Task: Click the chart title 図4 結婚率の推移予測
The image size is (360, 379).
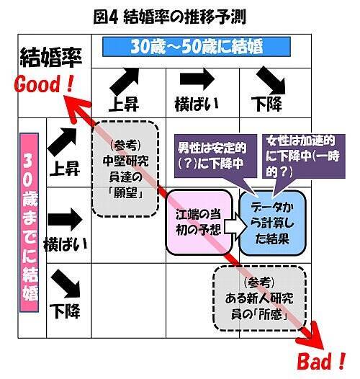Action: pyautogui.click(x=170, y=17)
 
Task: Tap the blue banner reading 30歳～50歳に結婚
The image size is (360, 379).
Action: pyautogui.click(x=197, y=47)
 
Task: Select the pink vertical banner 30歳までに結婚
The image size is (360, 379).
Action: pyautogui.click(x=30, y=223)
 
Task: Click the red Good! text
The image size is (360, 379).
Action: pyautogui.click(x=43, y=84)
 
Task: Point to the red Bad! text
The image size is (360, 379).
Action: pyautogui.click(x=321, y=362)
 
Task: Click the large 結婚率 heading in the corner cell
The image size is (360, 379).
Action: pyautogui.click(x=51, y=58)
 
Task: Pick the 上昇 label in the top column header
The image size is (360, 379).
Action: pyautogui.click(x=124, y=104)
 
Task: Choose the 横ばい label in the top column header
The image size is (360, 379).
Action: pyautogui.click(x=197, y=104)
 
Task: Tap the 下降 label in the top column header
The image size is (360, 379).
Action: pyautogui.click(x=266, y=104)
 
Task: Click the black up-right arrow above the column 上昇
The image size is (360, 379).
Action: pyautogui.click(x=125, y=81)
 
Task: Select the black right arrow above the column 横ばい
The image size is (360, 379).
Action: pyautogui.click(x=197, y=79)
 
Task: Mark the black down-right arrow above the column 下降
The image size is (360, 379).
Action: pyautogui.click(x=271, y=81)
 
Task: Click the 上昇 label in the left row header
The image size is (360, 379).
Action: pyautogui.click(x=65, y=169)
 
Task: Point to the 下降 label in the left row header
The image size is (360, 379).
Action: pyautogui.click(x=65, y=311)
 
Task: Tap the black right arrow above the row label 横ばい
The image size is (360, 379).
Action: pyautogui.click(x=66, y=220)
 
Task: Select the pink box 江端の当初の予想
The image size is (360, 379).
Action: pyautogui.click(x=199, y=222)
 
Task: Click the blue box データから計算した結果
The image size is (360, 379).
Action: pyautogui.click(x=273, y=223)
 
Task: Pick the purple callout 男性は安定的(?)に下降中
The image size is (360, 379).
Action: pyautogui.click(x=215, y=156)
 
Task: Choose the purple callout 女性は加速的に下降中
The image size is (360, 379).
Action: pyautogui.click(x=303, y=156)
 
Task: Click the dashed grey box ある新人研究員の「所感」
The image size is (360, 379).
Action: pyautogui.click(x=259, y=298)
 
